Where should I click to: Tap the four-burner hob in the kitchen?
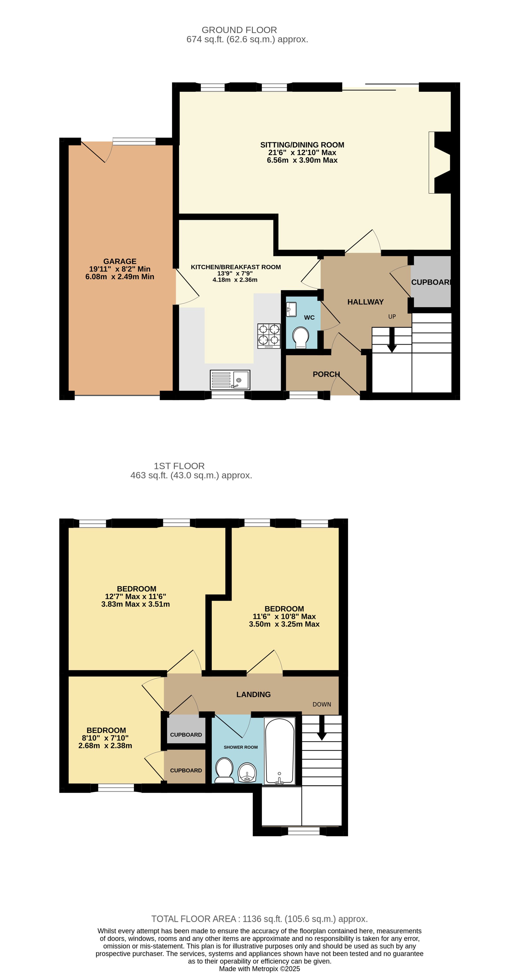[x=269, y=336]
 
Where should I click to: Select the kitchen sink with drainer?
[x=230, y=379]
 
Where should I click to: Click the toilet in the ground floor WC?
[x=301, y=337]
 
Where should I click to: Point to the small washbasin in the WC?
[x=291, y=309]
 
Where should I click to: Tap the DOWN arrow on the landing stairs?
[x=322, y=728]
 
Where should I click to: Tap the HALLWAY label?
[x=365, y=302]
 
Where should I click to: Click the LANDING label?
[x=254, y=694]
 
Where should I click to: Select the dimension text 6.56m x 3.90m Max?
[x=302, y=160]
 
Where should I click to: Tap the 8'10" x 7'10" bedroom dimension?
[x=105, y=738]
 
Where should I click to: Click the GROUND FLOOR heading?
[x=239, y=30]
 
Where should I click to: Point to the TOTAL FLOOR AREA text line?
[x=259, y=919]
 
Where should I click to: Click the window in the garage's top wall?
[x=134, y=141]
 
